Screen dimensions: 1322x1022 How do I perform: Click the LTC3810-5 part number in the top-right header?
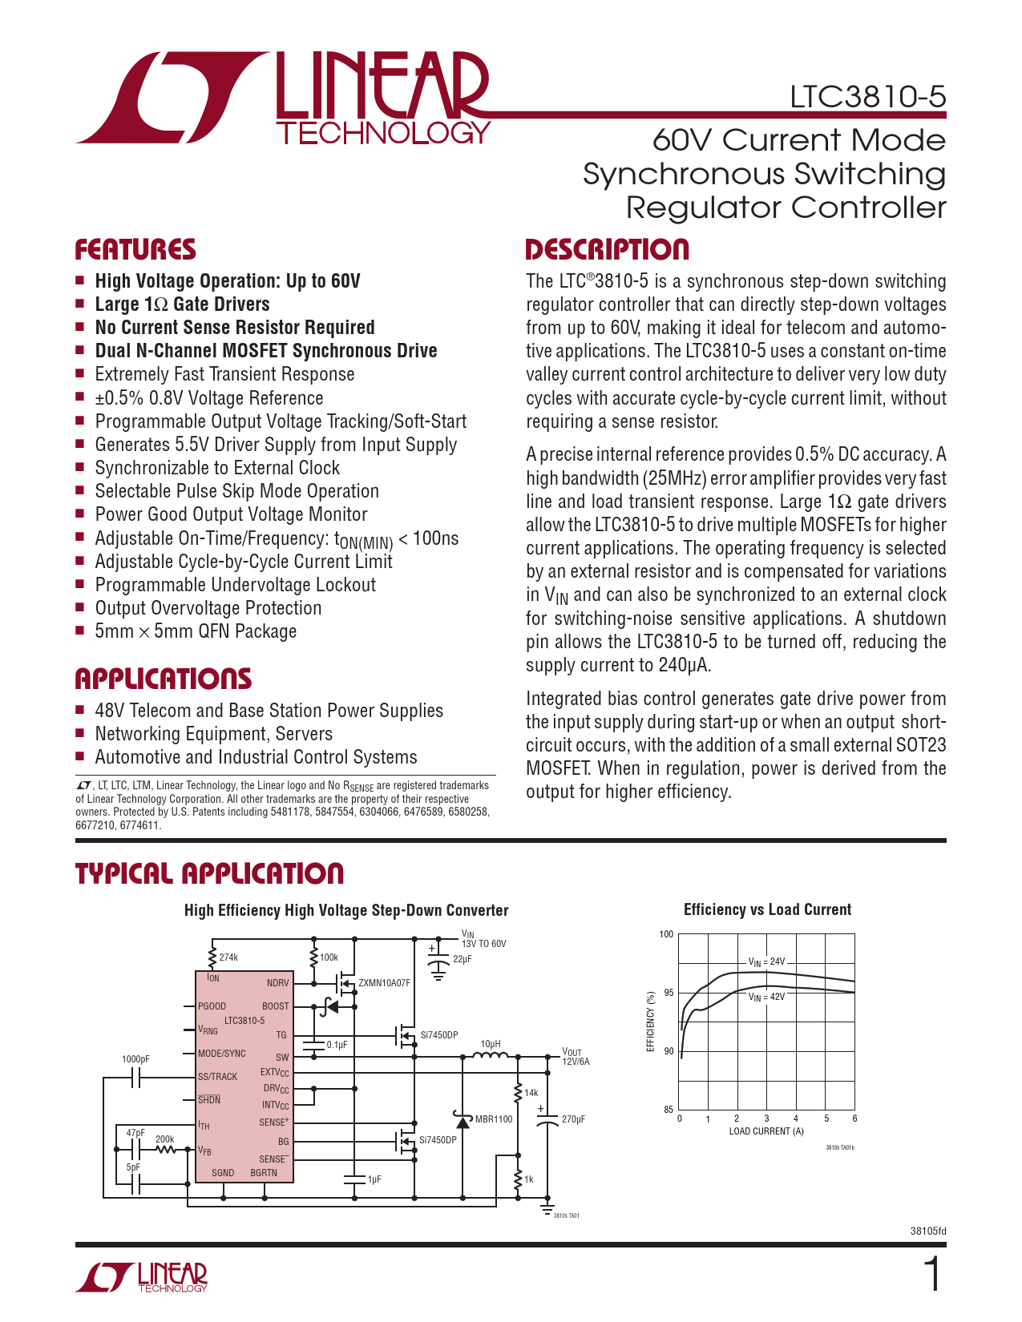(x=867, y=97)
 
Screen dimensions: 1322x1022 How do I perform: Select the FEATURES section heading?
(x=135, y=250)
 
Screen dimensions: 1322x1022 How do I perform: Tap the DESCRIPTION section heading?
(x=607, y=250)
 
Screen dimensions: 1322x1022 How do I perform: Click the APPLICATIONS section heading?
(x=163, y=679)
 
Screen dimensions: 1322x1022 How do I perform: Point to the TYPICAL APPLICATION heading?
(x=209, y=873)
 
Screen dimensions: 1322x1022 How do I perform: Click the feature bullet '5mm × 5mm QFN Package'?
(x=196, y=631)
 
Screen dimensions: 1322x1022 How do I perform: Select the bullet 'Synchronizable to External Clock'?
(x=217, y=468)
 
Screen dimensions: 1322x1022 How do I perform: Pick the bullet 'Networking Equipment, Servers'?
(x=213, y=734)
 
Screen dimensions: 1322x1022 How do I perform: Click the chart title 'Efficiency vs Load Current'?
(x=767, y=909)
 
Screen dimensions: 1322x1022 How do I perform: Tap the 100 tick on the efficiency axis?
(x=666, y=934)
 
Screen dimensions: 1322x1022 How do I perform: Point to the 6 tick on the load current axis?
(x=854, y=1118)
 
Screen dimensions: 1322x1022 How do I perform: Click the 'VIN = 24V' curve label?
(x=766, y=961)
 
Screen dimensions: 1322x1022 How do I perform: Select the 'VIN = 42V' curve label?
(x=766, y=997)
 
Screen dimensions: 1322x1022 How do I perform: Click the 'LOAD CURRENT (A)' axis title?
(x=765, y=1131)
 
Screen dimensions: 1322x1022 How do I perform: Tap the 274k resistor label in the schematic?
(x=228, y=957)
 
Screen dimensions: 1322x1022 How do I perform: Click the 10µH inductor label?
(x=491, y=1044)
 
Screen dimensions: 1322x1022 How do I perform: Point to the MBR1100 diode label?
(x=494, y=1119)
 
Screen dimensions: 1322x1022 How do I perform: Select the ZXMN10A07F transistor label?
(x=384, y=983)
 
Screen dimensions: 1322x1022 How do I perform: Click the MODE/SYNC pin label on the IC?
(x=222, y=1054)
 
